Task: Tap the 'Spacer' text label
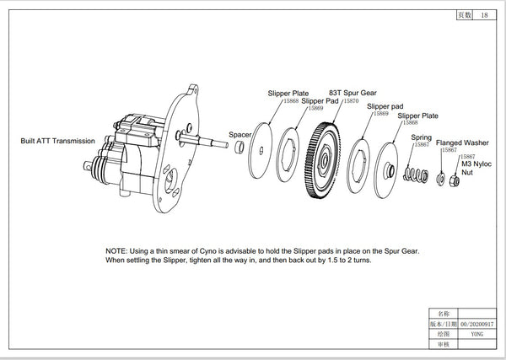(x=240, y=133)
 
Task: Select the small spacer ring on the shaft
(x=239, y=148)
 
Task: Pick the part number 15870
(x=344, y=100)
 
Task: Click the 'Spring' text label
(x=421, y=136)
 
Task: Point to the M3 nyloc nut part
(x=455, y=180)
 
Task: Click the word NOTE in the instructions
(x=117, y=251)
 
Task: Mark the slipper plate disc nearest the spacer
(x=263, y=152)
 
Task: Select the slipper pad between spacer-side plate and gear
(x=291, y=153)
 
